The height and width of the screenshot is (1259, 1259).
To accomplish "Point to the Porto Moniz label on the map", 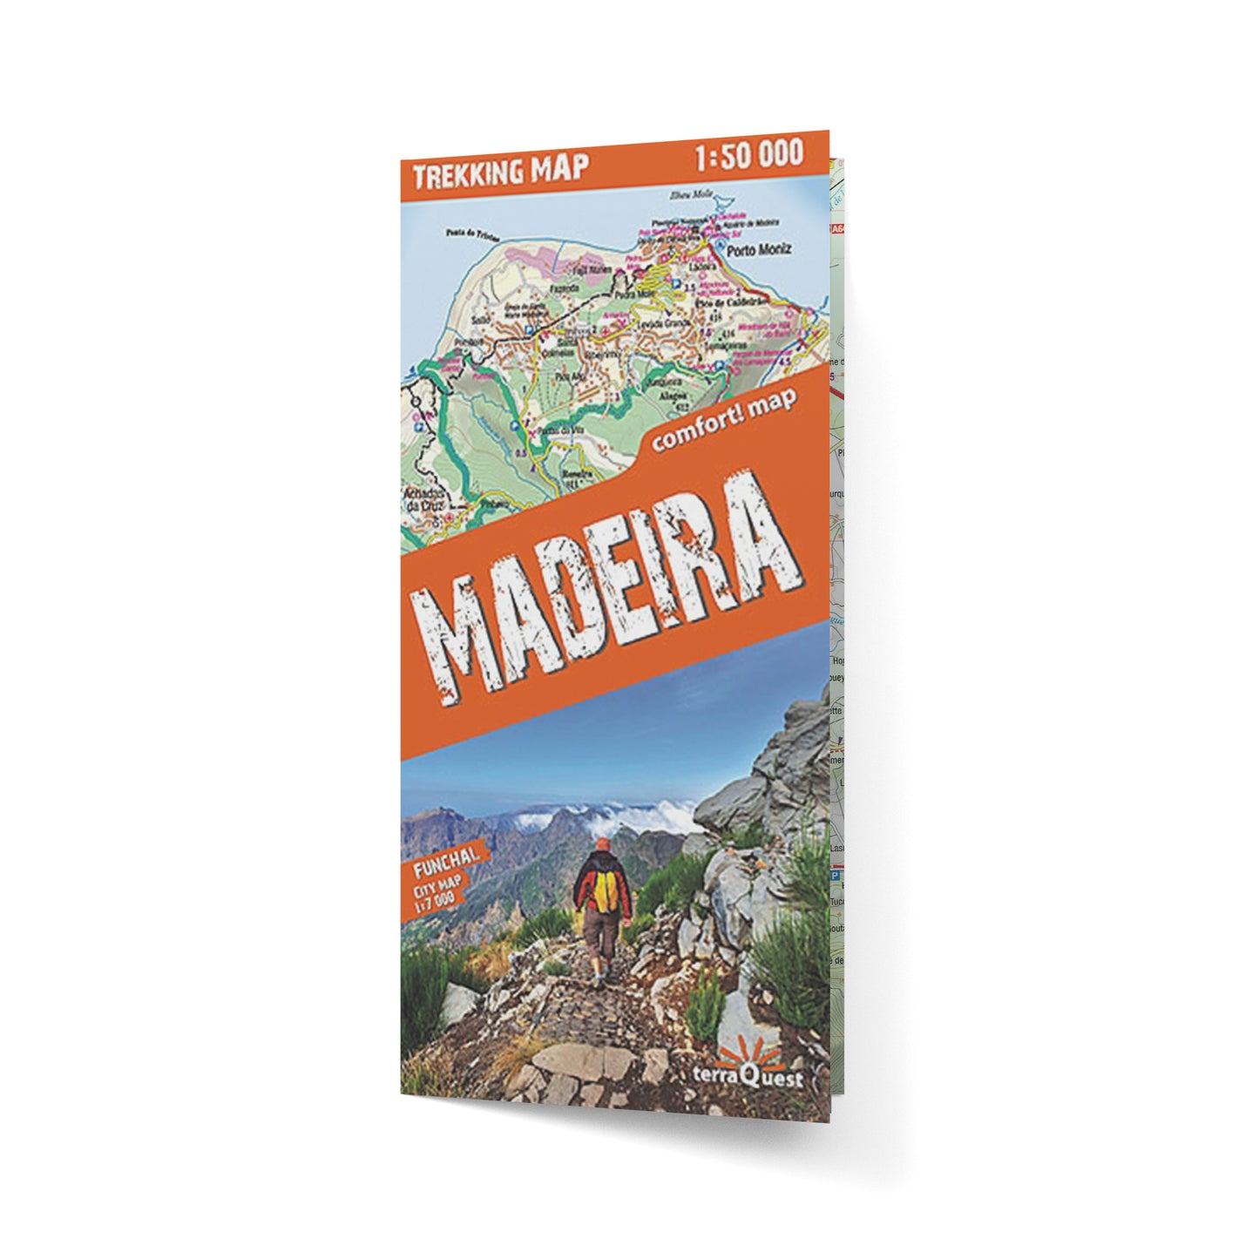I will [x=762, y=249].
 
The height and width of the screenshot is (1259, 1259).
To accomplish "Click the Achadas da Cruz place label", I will [x=424, y=498].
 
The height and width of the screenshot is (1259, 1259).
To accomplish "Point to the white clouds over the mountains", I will [x=610, y=816].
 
